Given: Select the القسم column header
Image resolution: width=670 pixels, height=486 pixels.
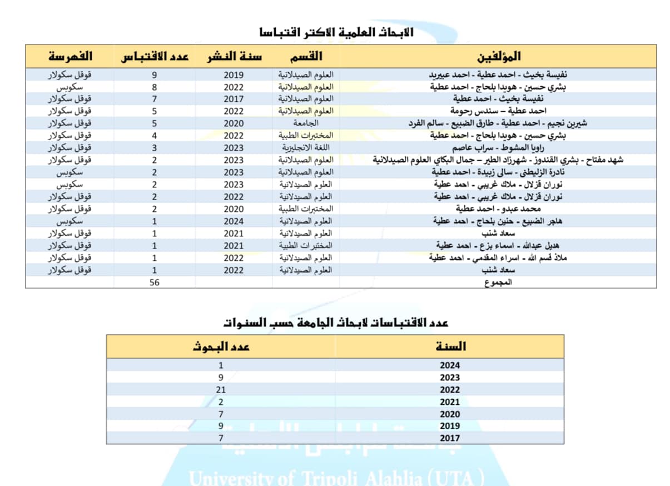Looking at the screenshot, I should tap(306, 57).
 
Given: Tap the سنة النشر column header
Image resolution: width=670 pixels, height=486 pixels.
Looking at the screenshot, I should tap(234, 57).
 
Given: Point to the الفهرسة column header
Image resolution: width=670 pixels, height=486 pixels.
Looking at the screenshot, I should tap(70, 57).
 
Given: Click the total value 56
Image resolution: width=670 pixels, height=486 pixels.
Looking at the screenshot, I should tap(155, 282).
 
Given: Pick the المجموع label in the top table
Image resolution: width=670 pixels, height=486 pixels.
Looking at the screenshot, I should tap(498, 282).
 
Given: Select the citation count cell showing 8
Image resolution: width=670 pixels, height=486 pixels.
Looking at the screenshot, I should tap(155, 87).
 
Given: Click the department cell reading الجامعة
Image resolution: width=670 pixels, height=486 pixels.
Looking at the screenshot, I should tap(306, 123).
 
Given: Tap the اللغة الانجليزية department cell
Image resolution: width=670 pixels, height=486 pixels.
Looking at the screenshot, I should tap(306, 148).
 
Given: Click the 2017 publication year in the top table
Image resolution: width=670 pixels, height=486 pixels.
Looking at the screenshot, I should tap(234, 99).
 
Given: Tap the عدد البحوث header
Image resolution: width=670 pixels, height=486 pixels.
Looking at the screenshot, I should tap(221, 346).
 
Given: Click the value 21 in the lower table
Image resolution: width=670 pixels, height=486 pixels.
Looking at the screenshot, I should tap(221, 390).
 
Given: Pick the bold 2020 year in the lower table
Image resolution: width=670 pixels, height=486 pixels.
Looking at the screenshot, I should tap(450, 414).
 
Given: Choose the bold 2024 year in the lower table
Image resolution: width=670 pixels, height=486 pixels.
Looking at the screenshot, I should tap(450, 366).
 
